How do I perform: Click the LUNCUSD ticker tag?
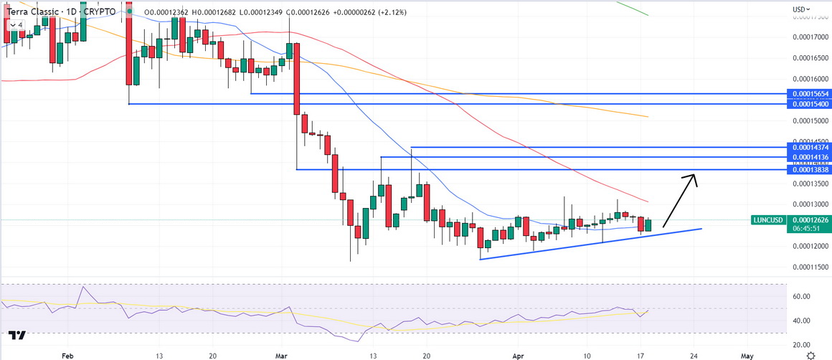point(768,220)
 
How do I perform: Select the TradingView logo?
point(17,335)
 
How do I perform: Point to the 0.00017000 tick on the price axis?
point(808,37)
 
